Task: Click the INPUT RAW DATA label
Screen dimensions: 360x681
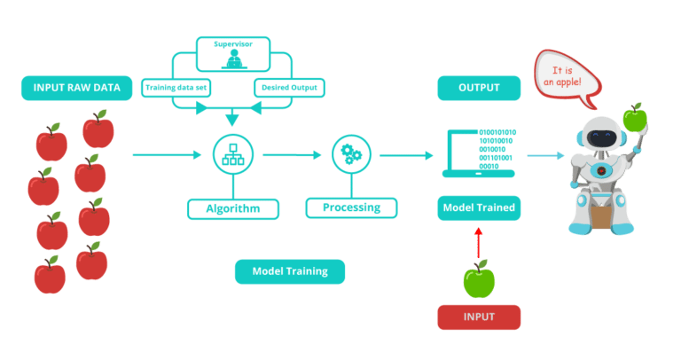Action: click(x=77, y=88)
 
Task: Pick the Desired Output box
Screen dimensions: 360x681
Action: click(x=289, y=88)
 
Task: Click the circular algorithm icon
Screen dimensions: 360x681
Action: click(x=233, y=155)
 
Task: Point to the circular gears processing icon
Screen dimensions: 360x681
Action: click(x=351, y=155)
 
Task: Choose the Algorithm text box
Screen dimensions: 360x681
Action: click(x=233, y=209)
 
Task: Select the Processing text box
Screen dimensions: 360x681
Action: click(x=351, y=208)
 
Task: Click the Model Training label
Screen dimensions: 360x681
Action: click(x=289, y=271)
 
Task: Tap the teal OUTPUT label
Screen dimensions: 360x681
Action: click(x=480, y=88)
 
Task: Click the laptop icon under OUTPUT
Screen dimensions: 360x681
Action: click(x=480, y=152)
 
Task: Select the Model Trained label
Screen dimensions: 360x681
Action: click(x=479, y=209)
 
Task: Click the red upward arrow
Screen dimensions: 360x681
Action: click(x=479, y=241)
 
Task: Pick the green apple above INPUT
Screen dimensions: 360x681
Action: click(x=479, y=279)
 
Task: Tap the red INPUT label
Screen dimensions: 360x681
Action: click(x=479, y=317)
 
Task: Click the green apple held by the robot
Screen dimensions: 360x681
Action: click(x=634, y=116)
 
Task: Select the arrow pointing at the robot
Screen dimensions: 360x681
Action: click(x=545, y=156)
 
